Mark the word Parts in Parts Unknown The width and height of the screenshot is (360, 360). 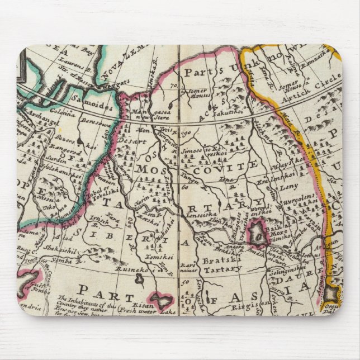pos(200,72)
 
